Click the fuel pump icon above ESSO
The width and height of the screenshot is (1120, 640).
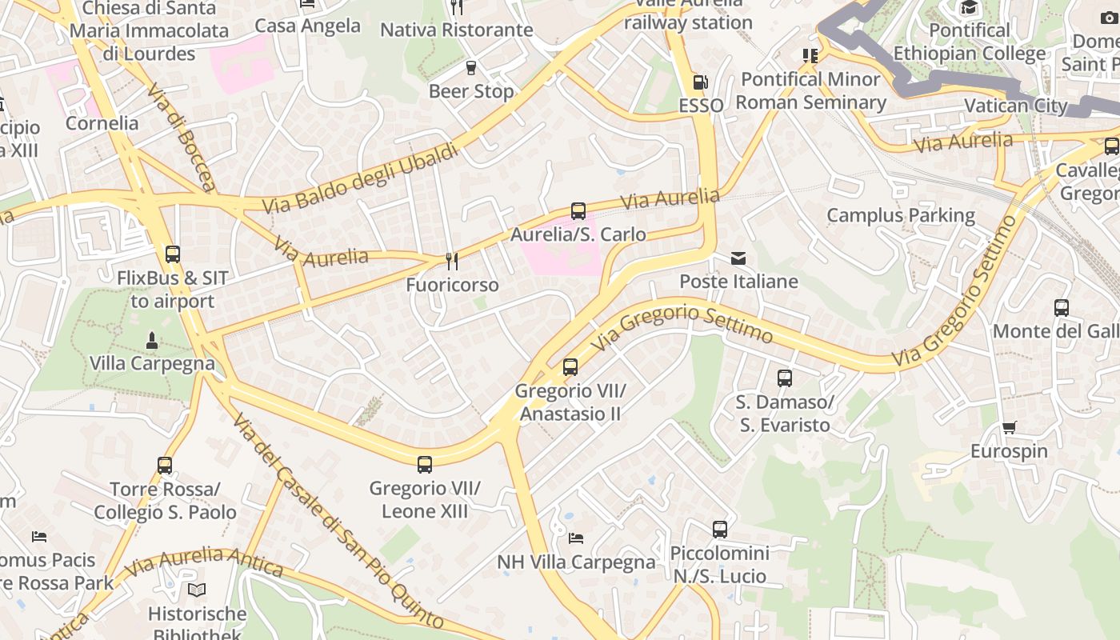click(x=700, y=82)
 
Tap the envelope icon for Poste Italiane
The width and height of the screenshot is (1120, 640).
click(x=738, y=258)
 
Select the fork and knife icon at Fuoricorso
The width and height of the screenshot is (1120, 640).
click(x=452, y=262)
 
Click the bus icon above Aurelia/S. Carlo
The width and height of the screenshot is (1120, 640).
click(x=578, y=211)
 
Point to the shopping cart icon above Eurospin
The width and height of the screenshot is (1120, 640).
click(x=1009, y=428)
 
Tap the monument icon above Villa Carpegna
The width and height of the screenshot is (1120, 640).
click(x=151, y=341)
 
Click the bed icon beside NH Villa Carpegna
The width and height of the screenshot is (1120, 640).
click(x=576, y=538)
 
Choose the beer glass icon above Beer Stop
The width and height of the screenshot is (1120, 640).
click(x=470, y=68)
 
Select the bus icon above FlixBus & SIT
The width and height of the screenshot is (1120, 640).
click(x=172, y=254)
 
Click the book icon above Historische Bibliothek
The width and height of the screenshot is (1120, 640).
click(x=196, y=590)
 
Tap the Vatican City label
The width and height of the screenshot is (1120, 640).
click(x=1015, y=106)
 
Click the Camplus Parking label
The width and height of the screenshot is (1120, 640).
click(x=900, y=215)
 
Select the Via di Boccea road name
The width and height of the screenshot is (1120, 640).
click(x=181, y=137)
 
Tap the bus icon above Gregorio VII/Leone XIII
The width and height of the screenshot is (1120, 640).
click(x=424, y=464)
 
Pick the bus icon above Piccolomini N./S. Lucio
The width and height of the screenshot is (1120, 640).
click(x=720, y=530)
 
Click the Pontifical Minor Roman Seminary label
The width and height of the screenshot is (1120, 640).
click(x=811, y=90)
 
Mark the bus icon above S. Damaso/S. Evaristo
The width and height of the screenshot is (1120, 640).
click(x=784, y=378)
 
